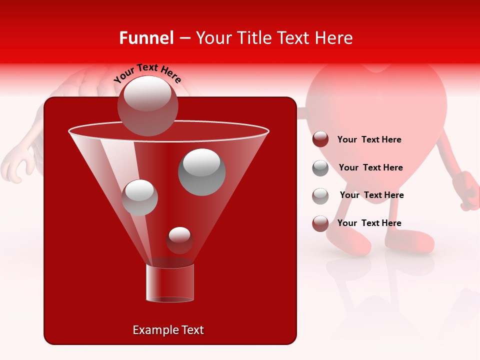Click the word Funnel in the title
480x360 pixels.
pos(146,38)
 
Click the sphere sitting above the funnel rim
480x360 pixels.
pos(147,105)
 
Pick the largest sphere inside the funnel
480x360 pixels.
pos(202,171)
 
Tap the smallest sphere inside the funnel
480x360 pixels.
pos(179,240)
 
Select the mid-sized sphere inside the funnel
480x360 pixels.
pos(139,197)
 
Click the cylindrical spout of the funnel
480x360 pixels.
pos(169,283)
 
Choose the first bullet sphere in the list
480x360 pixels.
pos(320,139)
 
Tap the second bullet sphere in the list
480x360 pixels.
pos(320,167)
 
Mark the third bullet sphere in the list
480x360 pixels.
pos(320,195)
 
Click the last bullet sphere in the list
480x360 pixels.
pos(320,223)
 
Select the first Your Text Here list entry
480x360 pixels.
pos(369,139)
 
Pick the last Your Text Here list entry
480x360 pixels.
pos(369,223)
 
